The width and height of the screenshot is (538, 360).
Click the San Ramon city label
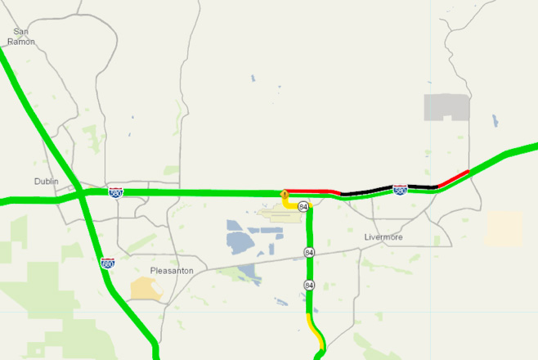click(x=21, y=36)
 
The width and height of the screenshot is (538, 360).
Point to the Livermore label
click(x=384, y=237)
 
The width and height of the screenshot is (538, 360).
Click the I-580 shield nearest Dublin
click(x=116, y=192)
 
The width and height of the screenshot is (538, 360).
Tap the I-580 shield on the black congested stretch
click(x=400, y=190)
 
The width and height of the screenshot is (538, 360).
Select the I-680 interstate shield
click(x=107, y=263)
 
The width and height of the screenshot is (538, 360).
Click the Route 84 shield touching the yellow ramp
click(x=303, y=205)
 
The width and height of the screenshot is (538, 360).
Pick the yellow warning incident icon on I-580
click(x=284, y=195)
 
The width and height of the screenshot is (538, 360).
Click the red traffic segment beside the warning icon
click(x=315, y=191)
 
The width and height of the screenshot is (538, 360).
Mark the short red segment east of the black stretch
click(x=453, y=179)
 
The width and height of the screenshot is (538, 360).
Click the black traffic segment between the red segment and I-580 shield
click(x=364, y=191)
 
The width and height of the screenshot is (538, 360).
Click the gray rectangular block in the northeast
click(x=446, y=107)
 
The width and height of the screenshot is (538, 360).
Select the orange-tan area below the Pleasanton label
click(x=146, y=287)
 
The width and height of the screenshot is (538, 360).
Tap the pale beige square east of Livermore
click(x=504, y=228)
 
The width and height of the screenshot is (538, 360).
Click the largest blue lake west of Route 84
click(x=240, y=241)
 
